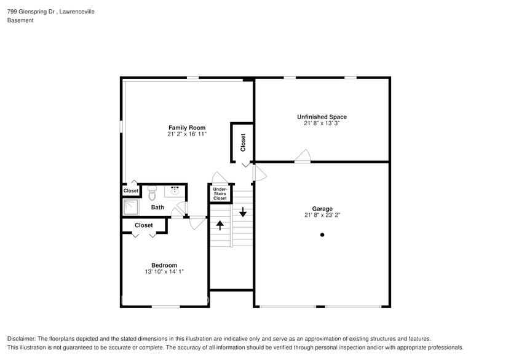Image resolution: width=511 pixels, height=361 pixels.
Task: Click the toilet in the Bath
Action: pos(153,193)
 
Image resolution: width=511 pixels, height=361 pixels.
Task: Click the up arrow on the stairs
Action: pos(220,225)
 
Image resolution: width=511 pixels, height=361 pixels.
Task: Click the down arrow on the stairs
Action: pos(243,212)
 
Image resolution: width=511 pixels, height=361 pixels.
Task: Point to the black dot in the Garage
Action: pos(322,235)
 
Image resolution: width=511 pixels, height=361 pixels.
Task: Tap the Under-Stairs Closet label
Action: pos(220,194)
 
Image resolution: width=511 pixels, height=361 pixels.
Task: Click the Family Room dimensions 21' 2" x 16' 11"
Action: pos(187,134)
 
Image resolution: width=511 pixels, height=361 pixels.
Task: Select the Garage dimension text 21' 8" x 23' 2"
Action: pos(322,215)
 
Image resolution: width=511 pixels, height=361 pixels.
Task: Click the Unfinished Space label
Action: pos(322,117)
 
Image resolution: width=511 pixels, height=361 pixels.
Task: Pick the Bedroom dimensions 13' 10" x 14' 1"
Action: pos(164,271)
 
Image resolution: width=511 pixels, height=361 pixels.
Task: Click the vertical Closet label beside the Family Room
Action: pos(243,142)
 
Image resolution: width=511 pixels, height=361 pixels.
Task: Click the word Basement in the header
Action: pos(20,20)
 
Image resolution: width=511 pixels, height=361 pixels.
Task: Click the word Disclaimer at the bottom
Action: pos(22,339)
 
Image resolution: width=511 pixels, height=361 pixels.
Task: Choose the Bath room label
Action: pos(157,208)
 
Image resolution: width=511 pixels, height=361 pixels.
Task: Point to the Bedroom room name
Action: pos(164,265)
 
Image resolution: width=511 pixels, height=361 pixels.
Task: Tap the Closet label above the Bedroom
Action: pos(143,225)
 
